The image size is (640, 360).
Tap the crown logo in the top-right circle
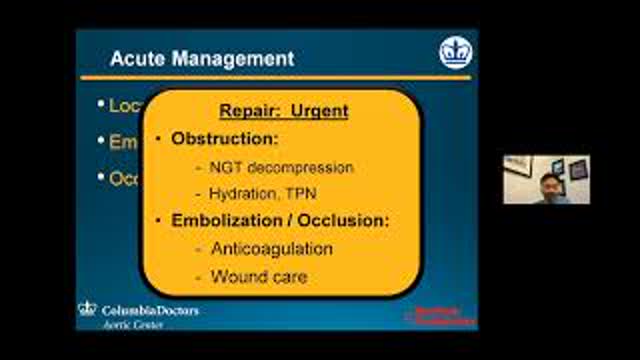pyautogui.click(x=455, y=53)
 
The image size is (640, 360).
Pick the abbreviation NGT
pyautogui.click(x=226, y=167)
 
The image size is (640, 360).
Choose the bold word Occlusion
pyautogui.click(x=345, y=220)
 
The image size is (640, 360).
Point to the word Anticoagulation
pyautogui.click(x=272, y=248)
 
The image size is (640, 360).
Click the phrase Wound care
pyautogui.click(x=258, y=275)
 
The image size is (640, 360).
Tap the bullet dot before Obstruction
pyautogui.click(x=161, y=137)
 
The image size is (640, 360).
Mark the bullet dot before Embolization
pyautogui.click(x=161, y=220)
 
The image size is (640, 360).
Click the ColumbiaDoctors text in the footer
pyautogui.click(x=150, y=310)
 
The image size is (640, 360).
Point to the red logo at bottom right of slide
pyautogui.click(x=436, y=314)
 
